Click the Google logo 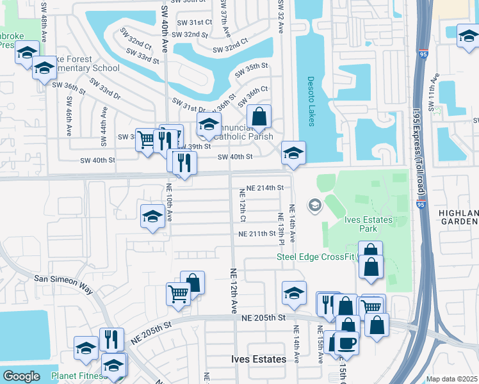(21, 376)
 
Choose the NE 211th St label (257, 234)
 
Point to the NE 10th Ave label (170, 203)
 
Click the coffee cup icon (347, 342)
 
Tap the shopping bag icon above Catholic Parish (259, 117)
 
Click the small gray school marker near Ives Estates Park (314, 205)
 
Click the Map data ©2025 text (451, 379)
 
